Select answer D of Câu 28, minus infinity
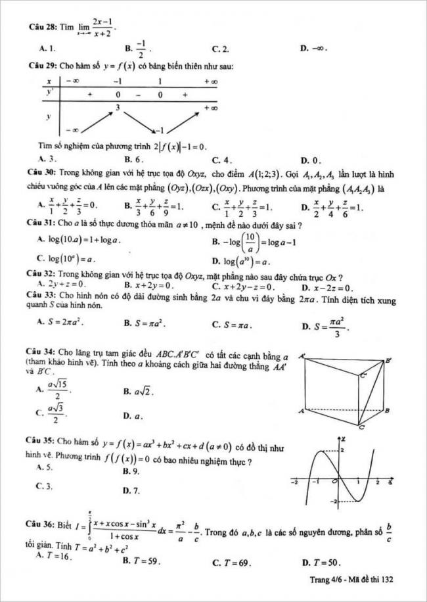(x=315, y=49)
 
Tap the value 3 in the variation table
(x=118, y=106)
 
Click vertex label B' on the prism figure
(x=388, y=361)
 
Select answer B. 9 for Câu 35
(x=131, y=471)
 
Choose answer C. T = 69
(x=233, y=563)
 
